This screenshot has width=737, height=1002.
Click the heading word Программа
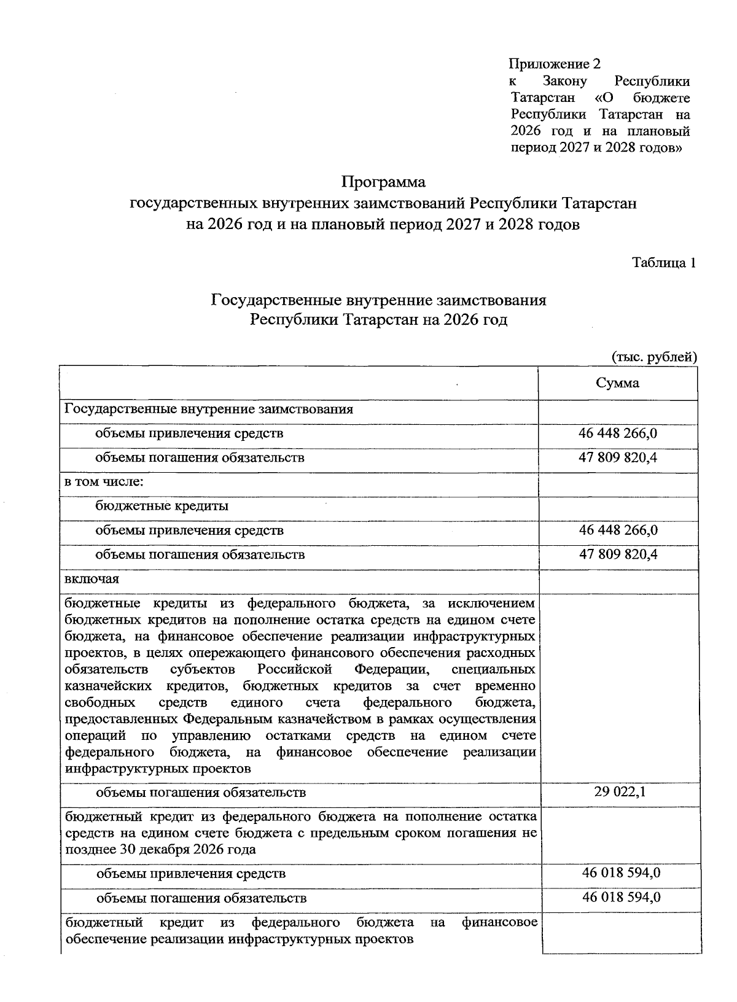[x=383, y=182]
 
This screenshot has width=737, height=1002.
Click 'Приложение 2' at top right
[x=554, y=64]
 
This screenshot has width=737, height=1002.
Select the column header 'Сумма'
[x=617, y=383]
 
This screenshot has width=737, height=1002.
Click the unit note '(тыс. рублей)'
[x=654, y=357]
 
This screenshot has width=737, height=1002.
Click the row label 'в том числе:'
[x=104, y=481]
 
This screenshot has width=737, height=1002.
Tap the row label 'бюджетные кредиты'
[x=162, y=506]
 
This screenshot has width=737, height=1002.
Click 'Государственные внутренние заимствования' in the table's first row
[x=209, y=409]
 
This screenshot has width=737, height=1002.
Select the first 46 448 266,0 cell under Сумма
[x=618, y=433]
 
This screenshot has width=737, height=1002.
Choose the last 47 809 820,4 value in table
[x=618, y=554]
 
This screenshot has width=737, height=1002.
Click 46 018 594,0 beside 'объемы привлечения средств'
[x=621, y=872]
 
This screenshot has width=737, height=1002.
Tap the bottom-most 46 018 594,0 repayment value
[x=621, y=897]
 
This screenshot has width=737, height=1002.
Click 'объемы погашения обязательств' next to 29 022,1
[x=200, y=792]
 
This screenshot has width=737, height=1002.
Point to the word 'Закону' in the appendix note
[x=565, y=81]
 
